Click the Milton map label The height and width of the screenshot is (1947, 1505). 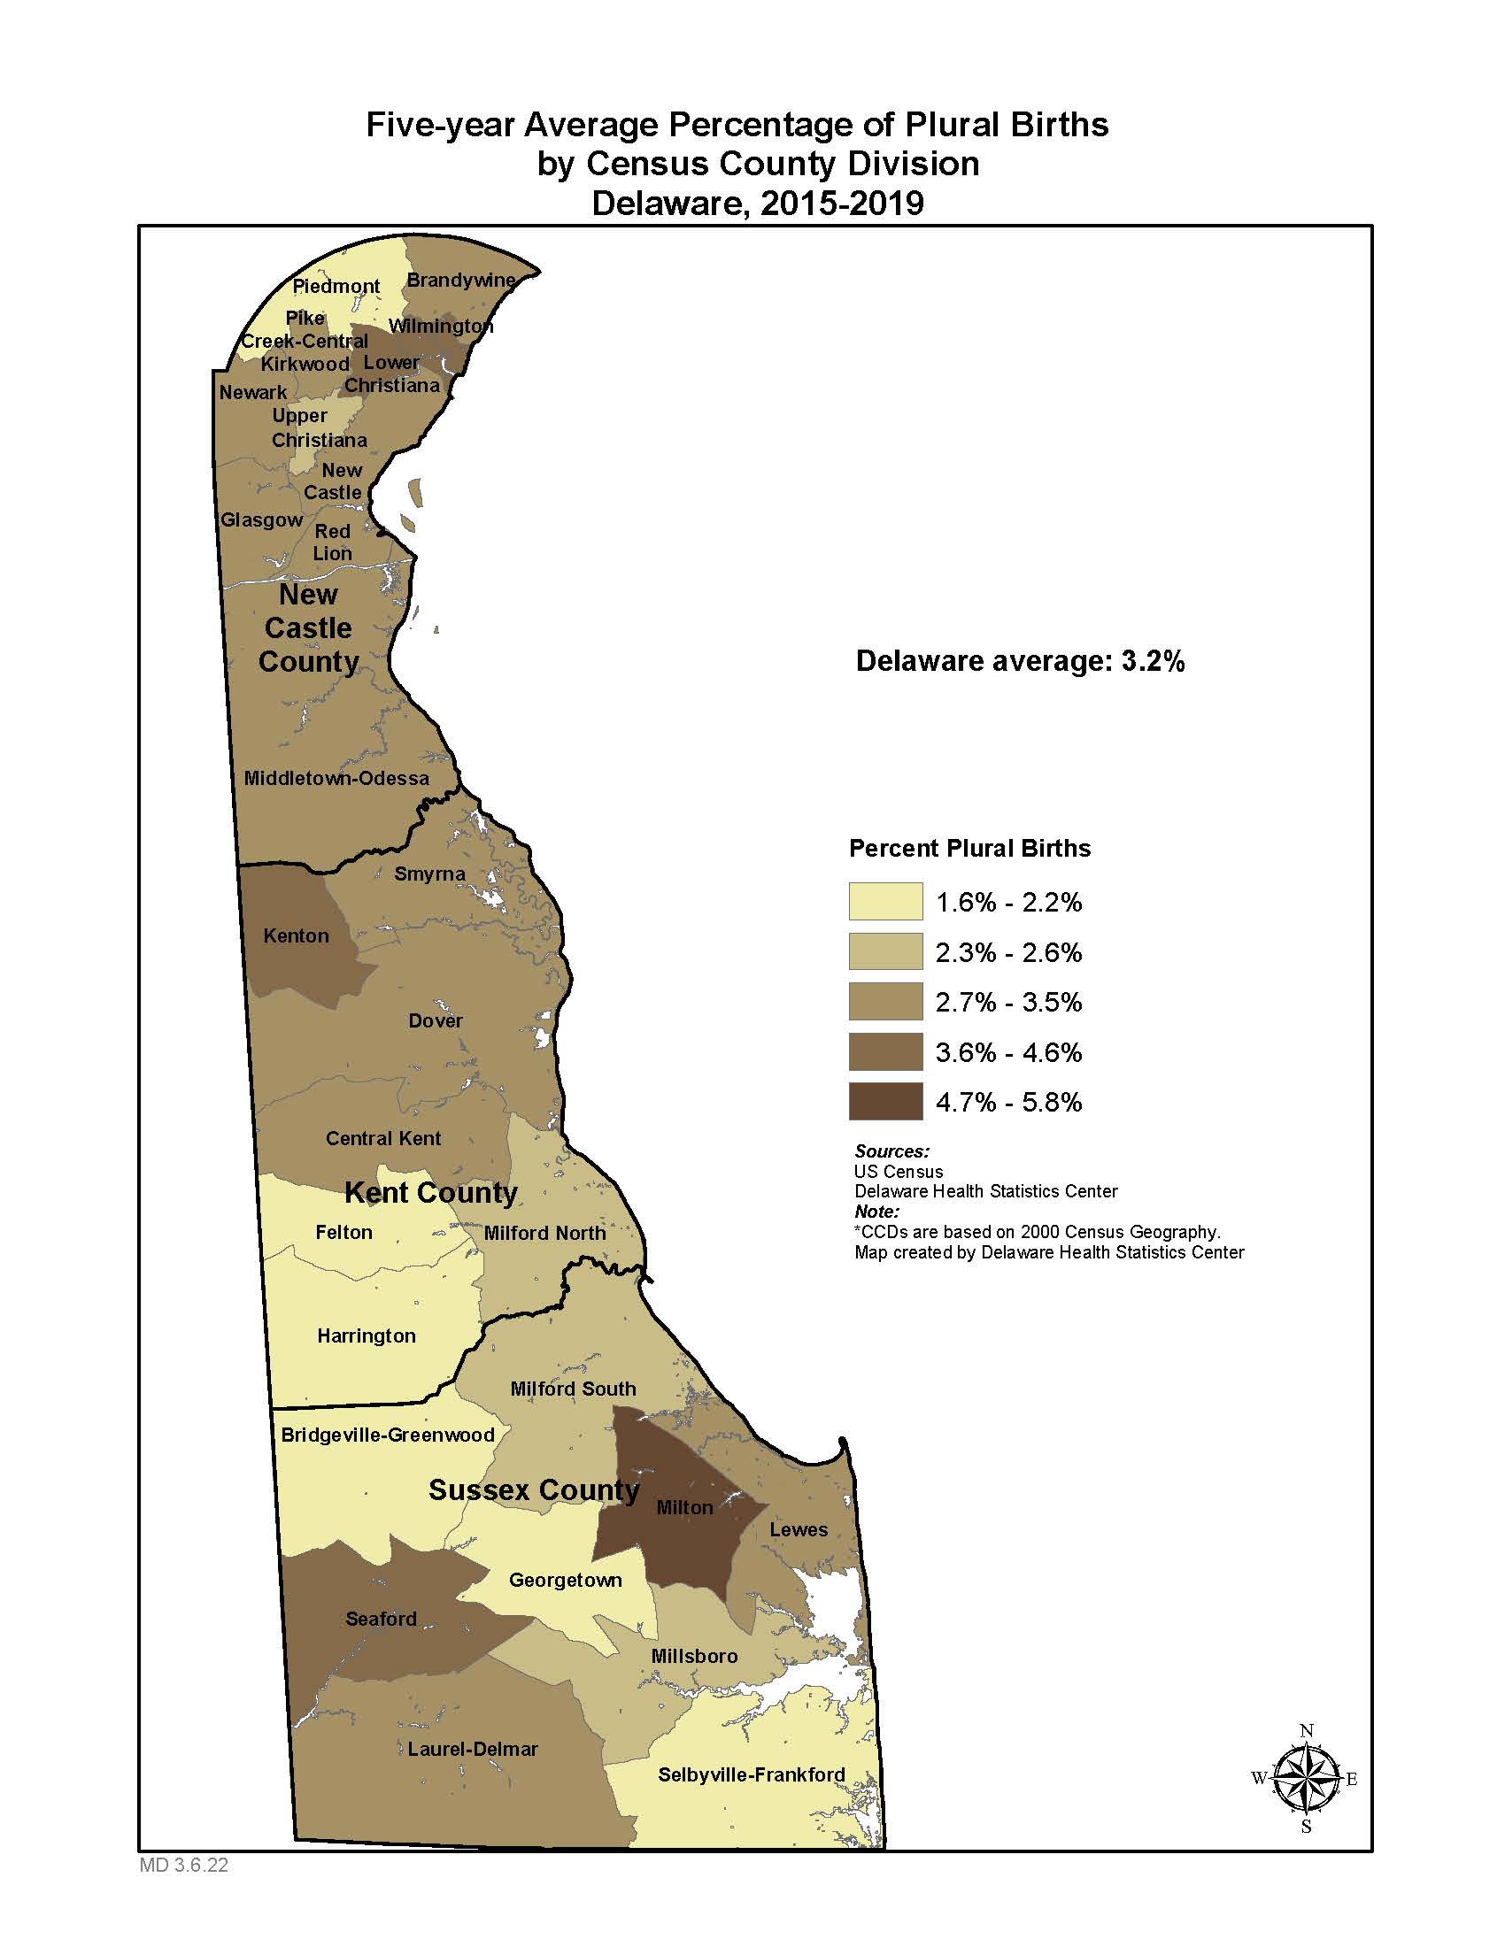click(x=683, y=1507)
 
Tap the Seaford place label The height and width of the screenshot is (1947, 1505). click(x=381, y=1619)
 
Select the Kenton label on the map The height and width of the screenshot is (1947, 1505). click(x=296, y=936)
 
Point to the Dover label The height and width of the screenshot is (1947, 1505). click(x=435, y=1020)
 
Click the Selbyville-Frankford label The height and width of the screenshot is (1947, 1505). click(x=751, y=1775)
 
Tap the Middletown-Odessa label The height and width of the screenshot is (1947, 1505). click(x=336, y=778)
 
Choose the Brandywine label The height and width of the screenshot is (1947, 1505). click(x=461, y=280)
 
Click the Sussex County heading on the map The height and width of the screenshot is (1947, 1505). click(x=533, y=1490)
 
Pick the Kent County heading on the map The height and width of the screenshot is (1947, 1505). click(x=430, y=1193)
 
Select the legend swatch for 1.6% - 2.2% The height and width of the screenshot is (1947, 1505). click(x=885, y=902)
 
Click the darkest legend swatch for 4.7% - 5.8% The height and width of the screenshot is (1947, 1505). click(x=885, y=1102)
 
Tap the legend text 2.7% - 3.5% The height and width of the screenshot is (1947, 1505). click(x=1008, y=1002)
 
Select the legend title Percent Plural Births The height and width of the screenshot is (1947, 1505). click(x=969, y=849)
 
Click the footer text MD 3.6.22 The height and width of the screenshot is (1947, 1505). click(x=183, y=1865)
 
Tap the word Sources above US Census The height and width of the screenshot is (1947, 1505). click(x=891, y=1150)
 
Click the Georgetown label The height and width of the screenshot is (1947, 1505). click(x=566, y=1581)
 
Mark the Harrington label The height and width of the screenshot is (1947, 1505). click(x=367, y=1335)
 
